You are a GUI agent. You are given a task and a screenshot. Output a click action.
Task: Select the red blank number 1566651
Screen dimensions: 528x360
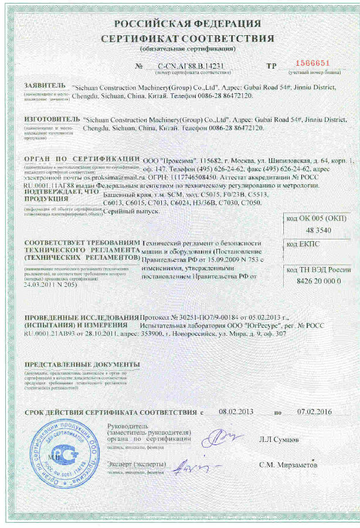(x=314, y=63)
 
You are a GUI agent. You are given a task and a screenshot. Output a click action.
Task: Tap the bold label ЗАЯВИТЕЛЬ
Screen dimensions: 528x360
(x=45, y=86)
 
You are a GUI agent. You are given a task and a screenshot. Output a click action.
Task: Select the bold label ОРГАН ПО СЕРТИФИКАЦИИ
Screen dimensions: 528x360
(x=81, y=160)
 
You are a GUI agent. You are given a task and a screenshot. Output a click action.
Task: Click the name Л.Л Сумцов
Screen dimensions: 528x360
(x=280, y=438)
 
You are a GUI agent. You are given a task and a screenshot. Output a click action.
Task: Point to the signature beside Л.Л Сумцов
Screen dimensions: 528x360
(x=224, y=437)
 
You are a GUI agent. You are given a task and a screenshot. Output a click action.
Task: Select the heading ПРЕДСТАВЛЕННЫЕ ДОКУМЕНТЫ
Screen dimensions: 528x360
(x=82, y=364)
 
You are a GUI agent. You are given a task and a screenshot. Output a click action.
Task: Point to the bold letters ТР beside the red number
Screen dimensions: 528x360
(x=271, y=66)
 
